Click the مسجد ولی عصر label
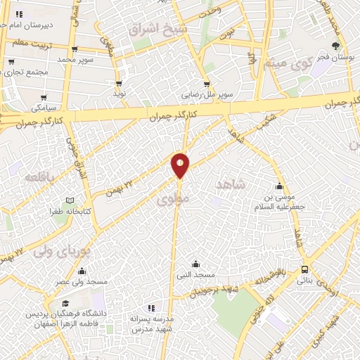tap(83, 282)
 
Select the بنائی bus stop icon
tap(304, 269)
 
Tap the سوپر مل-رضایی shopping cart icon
tap(206, 82)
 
